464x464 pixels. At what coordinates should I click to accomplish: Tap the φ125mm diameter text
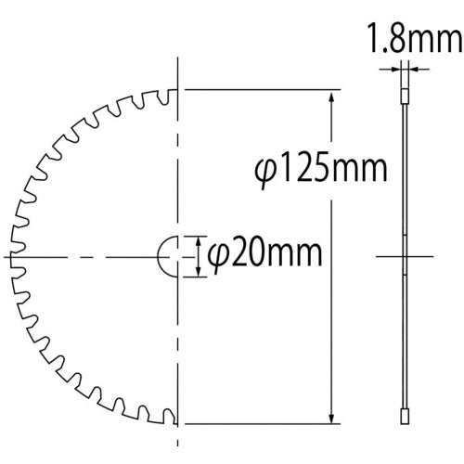pos(320,171)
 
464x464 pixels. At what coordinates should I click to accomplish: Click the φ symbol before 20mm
pos(214,253)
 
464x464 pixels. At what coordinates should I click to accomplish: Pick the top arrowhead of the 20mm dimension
pos(198,238)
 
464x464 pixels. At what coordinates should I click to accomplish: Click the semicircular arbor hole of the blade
pos(169,255)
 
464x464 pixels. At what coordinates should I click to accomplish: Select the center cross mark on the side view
pos(405,255)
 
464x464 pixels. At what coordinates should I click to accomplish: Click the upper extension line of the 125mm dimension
pos(260,90)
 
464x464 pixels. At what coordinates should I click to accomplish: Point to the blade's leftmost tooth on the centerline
pos(11,255)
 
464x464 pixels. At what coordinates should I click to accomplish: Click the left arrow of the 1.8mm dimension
pos(398,67)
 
